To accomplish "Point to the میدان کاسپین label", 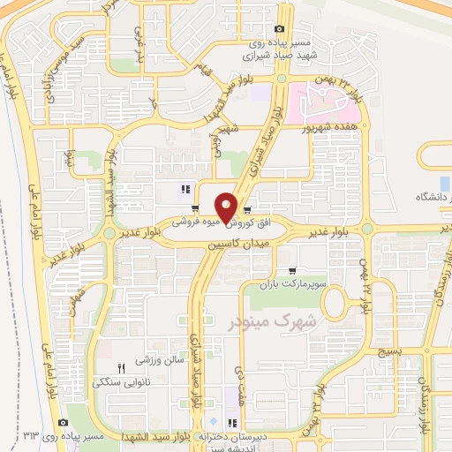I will [x=237, y=240].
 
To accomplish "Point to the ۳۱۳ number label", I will [x=33, y=436].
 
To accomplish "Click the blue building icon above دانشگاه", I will [x=445, y=183].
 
